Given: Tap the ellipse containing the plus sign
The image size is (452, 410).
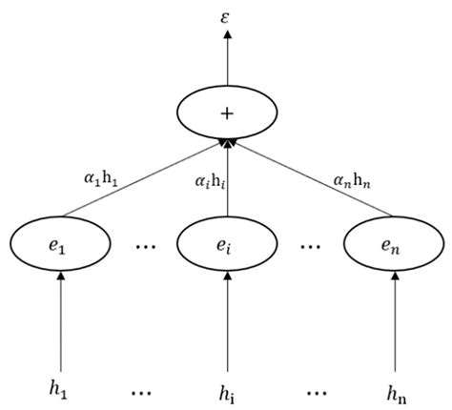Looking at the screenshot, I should click(226, 113).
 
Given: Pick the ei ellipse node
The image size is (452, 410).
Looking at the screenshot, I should click(226, 245).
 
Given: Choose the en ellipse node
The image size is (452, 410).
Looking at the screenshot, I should click(392, 245).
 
